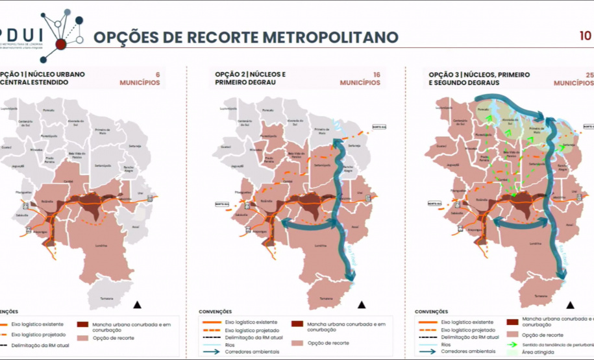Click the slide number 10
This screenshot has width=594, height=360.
586,36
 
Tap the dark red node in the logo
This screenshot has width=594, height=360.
61,44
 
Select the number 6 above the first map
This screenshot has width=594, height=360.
156,75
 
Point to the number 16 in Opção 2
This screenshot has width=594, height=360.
376,75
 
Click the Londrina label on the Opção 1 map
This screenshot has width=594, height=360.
100,246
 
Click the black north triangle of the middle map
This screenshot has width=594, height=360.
362,304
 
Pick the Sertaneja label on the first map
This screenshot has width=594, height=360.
134,146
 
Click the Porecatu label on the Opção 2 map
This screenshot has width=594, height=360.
267,111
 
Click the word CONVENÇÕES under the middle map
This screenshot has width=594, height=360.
215,312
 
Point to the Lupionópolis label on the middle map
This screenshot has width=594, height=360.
228,108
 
